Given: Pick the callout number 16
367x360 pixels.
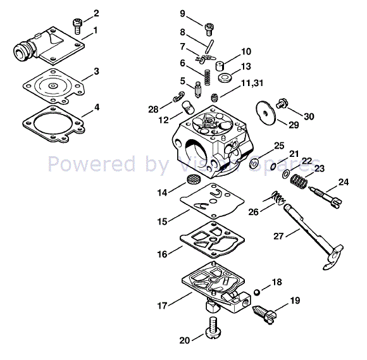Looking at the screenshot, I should [x=163, y=254].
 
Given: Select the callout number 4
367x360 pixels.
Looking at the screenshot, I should [x=96, y=107].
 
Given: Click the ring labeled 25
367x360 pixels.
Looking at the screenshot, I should [x=253, y=164].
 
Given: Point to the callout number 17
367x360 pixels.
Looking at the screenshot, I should [x=163, y=306].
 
